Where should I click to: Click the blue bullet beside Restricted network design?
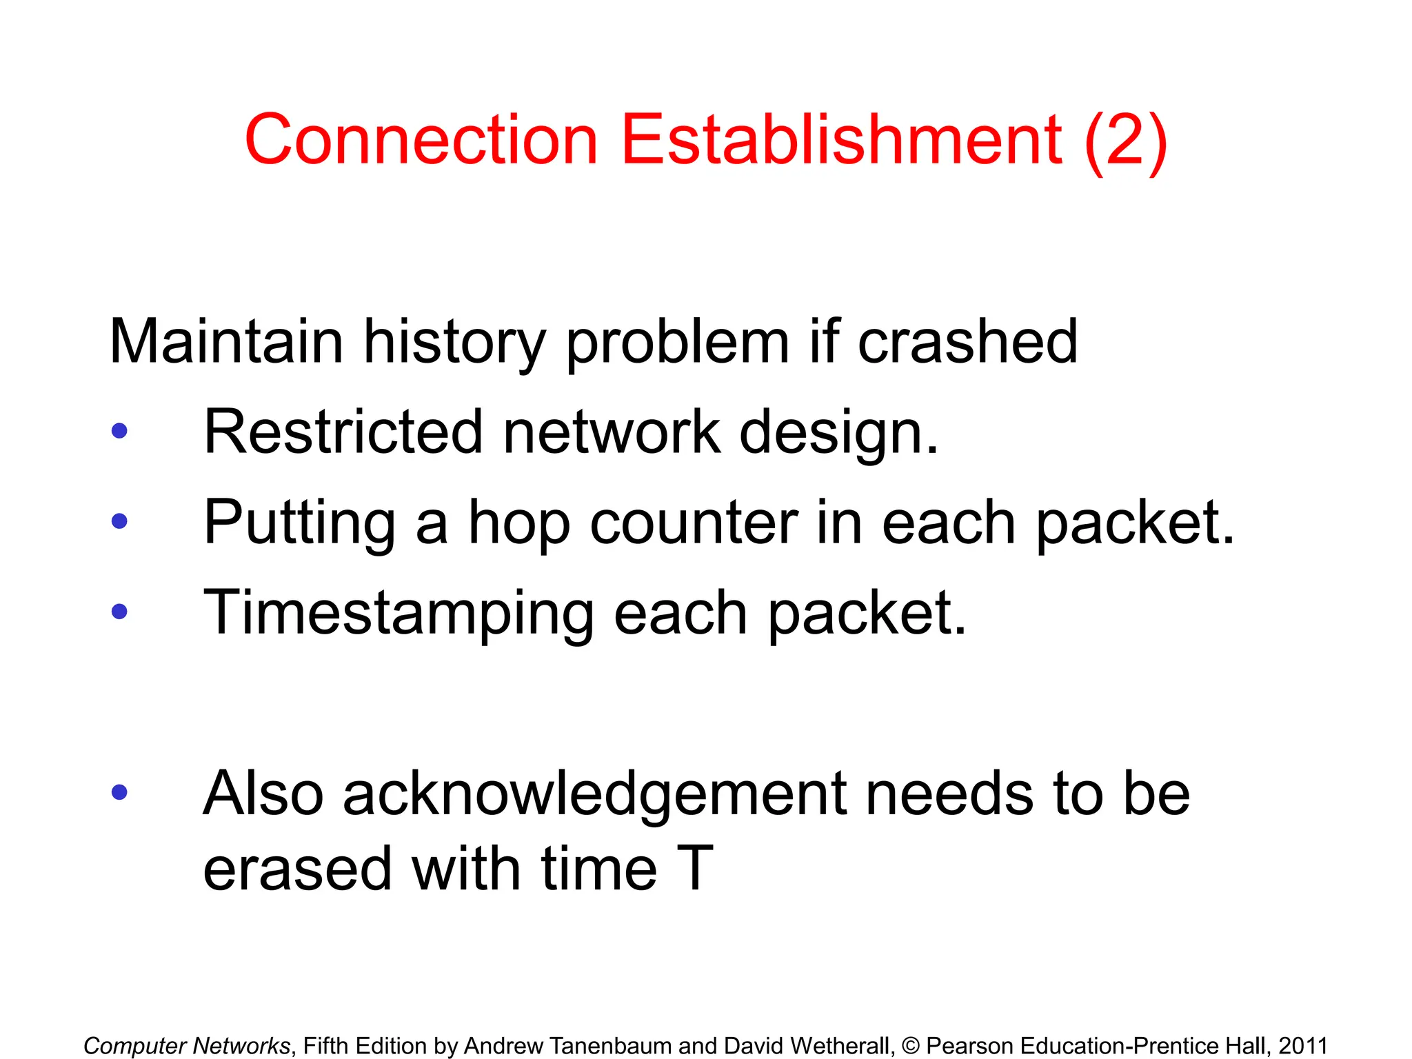coord(119,432)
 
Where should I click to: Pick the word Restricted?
coord(343,432)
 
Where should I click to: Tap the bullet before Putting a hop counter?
coord(119,521)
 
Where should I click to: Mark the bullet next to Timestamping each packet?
coord(119,612)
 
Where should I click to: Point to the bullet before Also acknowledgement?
coord(119,792)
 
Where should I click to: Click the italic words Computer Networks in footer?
coord(186,1045)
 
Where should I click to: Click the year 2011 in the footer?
coord(1302,1045)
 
